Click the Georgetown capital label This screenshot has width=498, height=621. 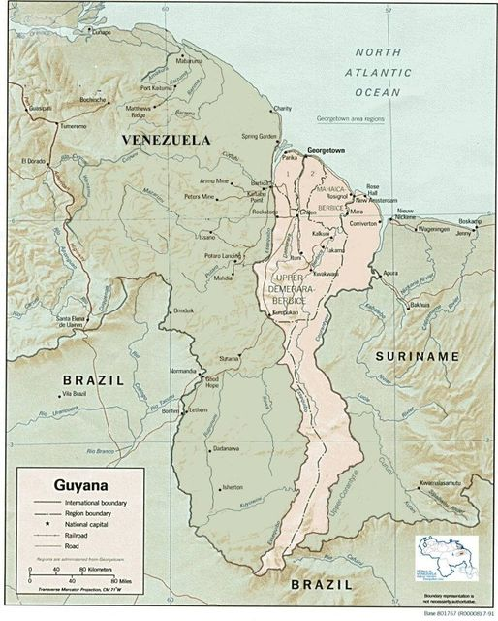pyautogui.click(x=327, y=151)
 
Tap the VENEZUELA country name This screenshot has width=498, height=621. pyautogui.click(x=166, y=141)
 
